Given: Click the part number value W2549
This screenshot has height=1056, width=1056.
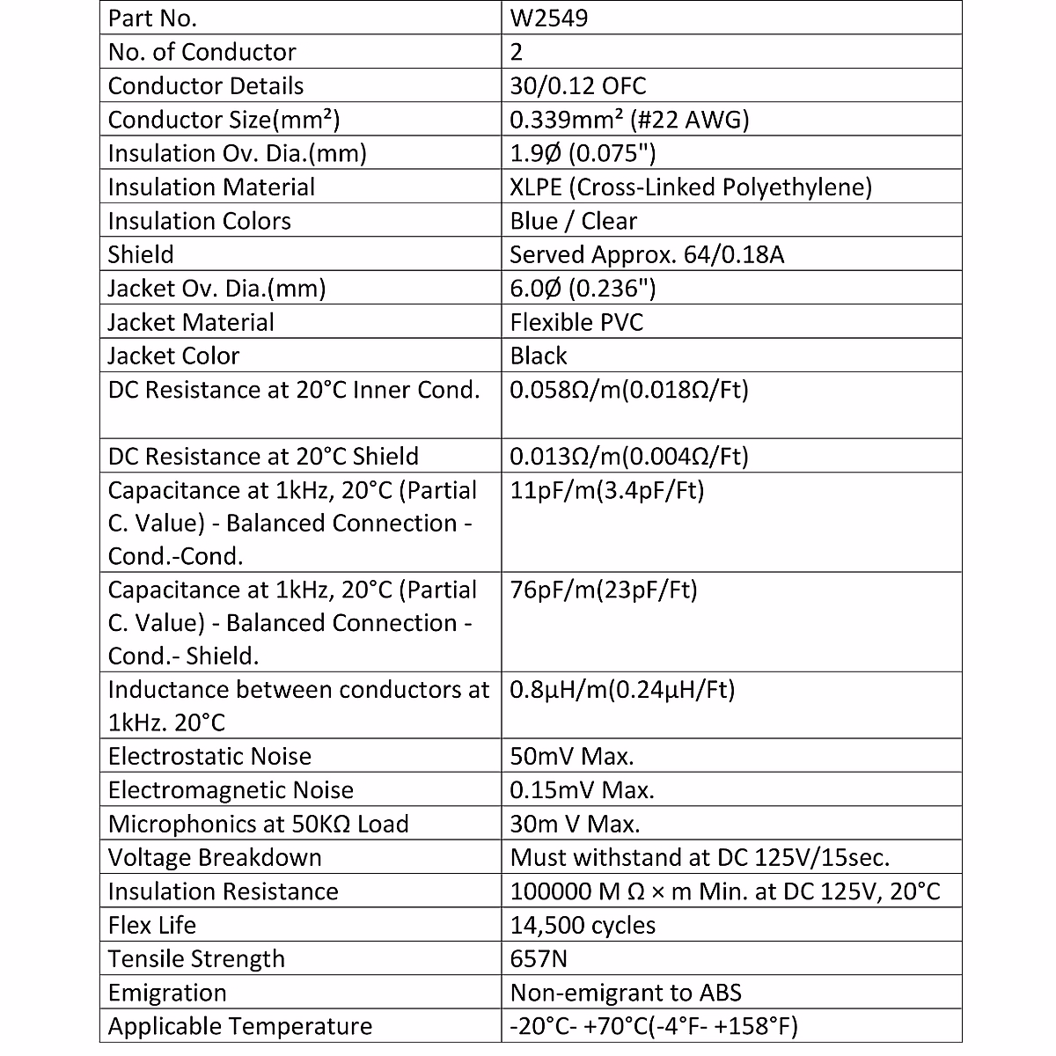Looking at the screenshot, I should [549, 18].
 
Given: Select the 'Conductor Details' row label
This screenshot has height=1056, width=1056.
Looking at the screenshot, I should [205, 85].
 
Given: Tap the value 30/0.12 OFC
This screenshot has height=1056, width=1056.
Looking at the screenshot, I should [577, 85].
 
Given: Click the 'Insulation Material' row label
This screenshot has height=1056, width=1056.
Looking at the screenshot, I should [211, 187].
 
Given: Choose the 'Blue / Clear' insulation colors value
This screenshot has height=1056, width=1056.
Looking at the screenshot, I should [573, 221].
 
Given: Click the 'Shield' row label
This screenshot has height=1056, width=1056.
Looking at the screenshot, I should [141, 254].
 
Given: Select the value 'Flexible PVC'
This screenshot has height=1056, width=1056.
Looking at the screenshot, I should [576, 322].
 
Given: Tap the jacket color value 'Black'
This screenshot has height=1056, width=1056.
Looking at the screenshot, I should [539, 356].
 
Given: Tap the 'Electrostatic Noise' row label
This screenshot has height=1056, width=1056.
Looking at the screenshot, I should [209, 756].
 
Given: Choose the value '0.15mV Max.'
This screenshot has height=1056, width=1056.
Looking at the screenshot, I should [582, 790].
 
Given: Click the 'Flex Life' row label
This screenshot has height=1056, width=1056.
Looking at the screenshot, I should [151, 925].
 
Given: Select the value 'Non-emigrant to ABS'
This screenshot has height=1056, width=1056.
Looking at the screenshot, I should [626, 993].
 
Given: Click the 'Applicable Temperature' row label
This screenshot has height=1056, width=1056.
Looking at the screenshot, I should [239, 1026].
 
